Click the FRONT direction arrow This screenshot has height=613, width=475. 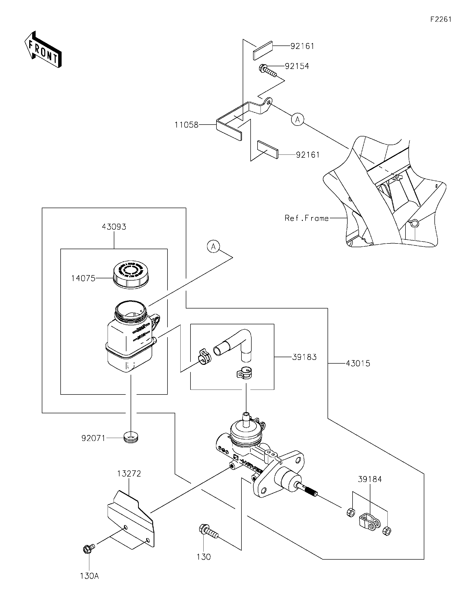(x=43, y=50)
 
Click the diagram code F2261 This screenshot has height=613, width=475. (x=441, y=19)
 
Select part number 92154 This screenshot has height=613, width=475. (x=297, y=66)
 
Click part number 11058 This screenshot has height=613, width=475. (x=186, y=125)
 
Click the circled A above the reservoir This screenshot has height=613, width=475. (x=213, y=246)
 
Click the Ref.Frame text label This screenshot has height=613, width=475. (x=307, y=218)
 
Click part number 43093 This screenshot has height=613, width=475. (x=114, y=226)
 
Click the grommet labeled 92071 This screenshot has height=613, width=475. (x=131, y=438)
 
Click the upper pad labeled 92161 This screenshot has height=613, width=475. (x=263, y=50)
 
